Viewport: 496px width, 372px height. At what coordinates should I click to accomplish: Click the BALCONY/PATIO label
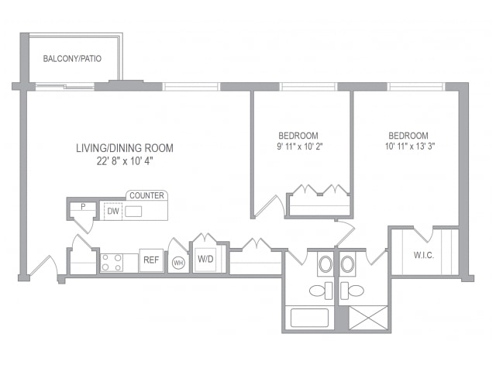click(72, 59)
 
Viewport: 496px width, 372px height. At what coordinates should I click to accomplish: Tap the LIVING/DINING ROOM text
click(125, 148)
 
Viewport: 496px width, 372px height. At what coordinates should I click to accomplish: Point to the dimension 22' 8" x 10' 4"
click(125, 161)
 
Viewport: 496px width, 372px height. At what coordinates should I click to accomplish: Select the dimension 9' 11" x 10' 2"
click(299, 146)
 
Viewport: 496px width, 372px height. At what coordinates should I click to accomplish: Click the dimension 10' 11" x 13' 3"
click(410, 146)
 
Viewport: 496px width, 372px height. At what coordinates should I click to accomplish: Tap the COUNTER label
click(146, 195)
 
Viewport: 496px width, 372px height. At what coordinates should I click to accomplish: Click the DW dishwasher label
click(113, 212)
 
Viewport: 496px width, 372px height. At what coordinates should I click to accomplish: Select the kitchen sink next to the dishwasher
click(133, 212)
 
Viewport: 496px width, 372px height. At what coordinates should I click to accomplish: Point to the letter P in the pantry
click(83, 207)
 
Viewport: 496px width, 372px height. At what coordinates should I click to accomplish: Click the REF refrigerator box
click(151, 260)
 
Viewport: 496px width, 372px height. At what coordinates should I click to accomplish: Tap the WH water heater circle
click(178, 263)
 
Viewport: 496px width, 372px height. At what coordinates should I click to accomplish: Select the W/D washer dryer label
click(205, 259)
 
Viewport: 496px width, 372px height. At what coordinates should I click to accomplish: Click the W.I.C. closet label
click(424, 255)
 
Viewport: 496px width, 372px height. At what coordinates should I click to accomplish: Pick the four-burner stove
click(112, 263)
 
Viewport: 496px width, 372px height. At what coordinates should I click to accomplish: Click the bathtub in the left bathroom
click(309, 318)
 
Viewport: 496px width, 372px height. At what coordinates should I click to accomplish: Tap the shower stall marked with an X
click(368, 318)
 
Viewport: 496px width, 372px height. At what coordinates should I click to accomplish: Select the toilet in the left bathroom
click(321, 291)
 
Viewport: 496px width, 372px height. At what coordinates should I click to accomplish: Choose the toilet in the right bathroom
click(352, 291)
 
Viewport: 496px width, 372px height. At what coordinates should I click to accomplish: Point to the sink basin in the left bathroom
click(325, 263)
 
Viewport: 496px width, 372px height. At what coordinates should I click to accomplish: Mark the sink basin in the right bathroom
click(348, 263)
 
